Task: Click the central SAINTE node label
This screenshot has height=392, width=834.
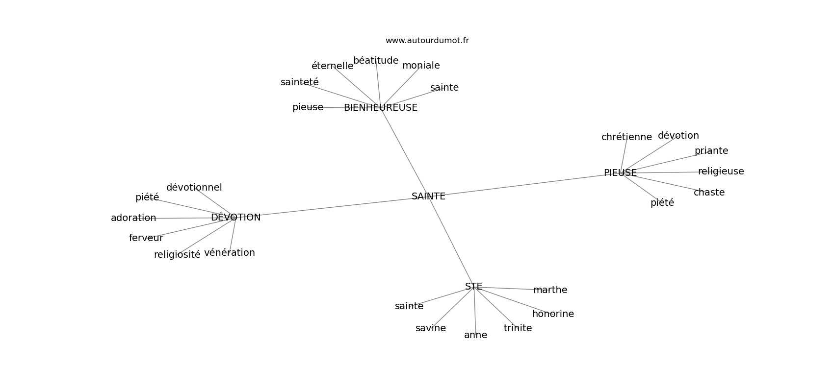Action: pyautogui.click(x=428, y=196)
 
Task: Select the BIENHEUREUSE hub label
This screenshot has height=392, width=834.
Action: pyautogui.click(x=380, y=108)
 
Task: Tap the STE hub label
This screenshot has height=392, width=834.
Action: pyautogui.click(x=473, y=287)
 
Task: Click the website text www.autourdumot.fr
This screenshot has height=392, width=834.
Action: pyautogui.click(x=427, y=41)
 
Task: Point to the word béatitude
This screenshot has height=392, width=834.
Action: pyautogui.click(x=376, y=61)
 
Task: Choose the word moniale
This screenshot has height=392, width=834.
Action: pyautogui.click(x=421, y=66)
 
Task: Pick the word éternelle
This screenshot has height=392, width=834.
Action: pyautogui.click(x=332, y=66)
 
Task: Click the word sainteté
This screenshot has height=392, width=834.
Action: pyautogui.click(x=299, y=82)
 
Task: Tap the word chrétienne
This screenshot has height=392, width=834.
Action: pyautogui.click(x=626, y=137)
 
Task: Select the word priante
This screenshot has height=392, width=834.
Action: pyautogui.click(x=711, y=151)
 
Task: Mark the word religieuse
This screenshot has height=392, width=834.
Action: pyautogui.click(x=721, y=171)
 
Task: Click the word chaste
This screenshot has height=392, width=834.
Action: pyautogui.click(x=709, y=193)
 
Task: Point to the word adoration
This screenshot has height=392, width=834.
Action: pyautogui.click(x=133, y=218)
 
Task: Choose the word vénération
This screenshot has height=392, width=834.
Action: pyautogui.click(x=229, y=253)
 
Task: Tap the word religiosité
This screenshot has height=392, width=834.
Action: pyautogui.click(x=177, y=255)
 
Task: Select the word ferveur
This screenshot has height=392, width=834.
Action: pyautogui.click(x=146, y=238)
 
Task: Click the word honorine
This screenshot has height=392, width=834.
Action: pyautogui.click(x=553, y=314)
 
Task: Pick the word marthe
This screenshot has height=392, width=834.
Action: pyautogui.click(x=550, y=290)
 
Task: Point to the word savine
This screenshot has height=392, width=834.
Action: pyautogui.click(x=430, y=328)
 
